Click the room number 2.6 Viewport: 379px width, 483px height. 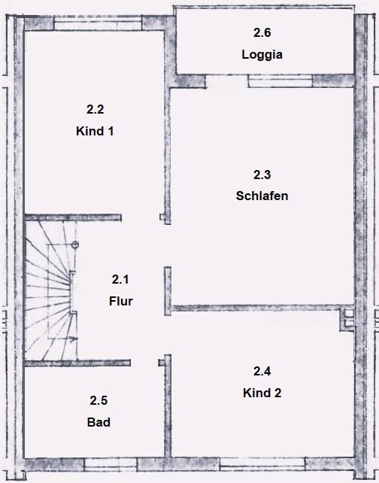(262, 32)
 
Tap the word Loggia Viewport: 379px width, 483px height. (262, 54)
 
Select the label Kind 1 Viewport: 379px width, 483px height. (95, 131)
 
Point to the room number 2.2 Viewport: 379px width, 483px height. (96, 109)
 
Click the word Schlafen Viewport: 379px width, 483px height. (262, 196)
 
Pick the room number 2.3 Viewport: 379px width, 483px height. (262, 175)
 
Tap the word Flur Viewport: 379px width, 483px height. (120, 301)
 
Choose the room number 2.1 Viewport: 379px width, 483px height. (120, 279)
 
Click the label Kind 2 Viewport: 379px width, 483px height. (262, 393)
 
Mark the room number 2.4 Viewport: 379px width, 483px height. (262, 371)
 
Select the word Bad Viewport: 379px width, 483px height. (99, 422)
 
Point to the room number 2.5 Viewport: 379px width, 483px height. (99, 400)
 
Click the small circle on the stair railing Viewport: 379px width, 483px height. (75, 245)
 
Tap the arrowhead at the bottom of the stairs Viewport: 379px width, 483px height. (74, 339)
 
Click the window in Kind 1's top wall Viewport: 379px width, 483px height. (98, 23)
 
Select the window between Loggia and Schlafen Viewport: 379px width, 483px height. (280, 82)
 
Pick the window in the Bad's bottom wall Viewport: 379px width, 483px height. (111, 464)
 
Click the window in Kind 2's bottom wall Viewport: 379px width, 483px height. (262, 464)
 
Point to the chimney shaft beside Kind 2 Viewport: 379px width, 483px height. (348, 318)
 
